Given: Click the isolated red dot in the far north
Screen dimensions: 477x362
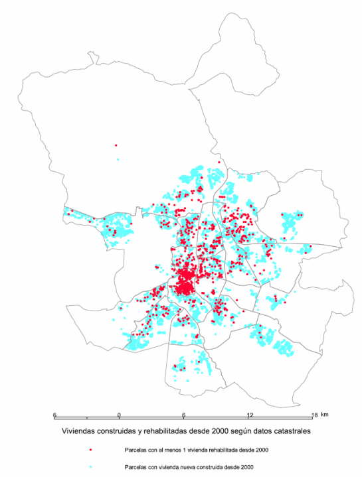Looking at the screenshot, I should (x=116, y=145).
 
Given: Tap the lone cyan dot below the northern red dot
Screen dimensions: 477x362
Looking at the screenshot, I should (x=118, y=159).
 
